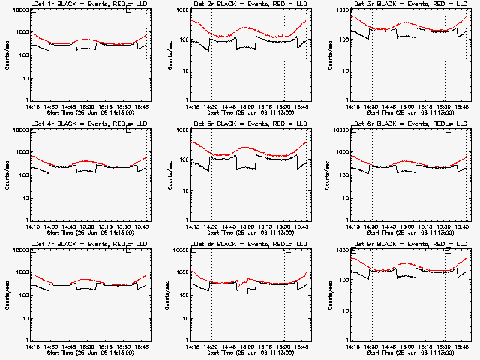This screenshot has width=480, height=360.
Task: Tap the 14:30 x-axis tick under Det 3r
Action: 371,106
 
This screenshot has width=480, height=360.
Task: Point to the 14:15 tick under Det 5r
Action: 193,226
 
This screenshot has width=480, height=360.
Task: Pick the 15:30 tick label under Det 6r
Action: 444,226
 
